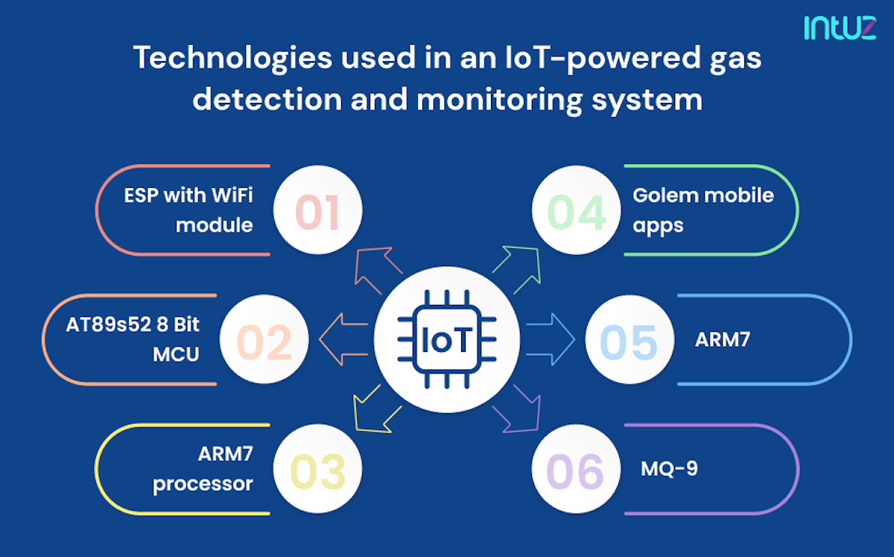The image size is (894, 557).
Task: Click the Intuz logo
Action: pos(840,28)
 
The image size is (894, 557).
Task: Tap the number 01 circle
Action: pos(317,210)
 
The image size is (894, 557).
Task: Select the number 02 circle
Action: pos(264,339)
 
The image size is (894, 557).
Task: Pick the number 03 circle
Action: pos(317,469)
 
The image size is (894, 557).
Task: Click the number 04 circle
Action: pos(577,210)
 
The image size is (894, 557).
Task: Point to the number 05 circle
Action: pos(630,339)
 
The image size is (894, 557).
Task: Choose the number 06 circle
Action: pos(577,469)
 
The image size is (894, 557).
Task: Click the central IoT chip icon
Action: pos(447,339)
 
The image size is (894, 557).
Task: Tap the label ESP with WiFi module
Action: pos(188,210)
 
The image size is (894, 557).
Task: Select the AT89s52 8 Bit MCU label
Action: pos(133,339)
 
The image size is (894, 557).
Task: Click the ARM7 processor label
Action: pos(203,469)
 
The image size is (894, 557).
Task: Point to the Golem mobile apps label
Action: pos(703,210)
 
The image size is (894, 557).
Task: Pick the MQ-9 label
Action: pos(669,469)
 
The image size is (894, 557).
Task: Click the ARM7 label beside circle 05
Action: pos(723,339)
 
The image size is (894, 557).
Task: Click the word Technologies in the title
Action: pos(232,58)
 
